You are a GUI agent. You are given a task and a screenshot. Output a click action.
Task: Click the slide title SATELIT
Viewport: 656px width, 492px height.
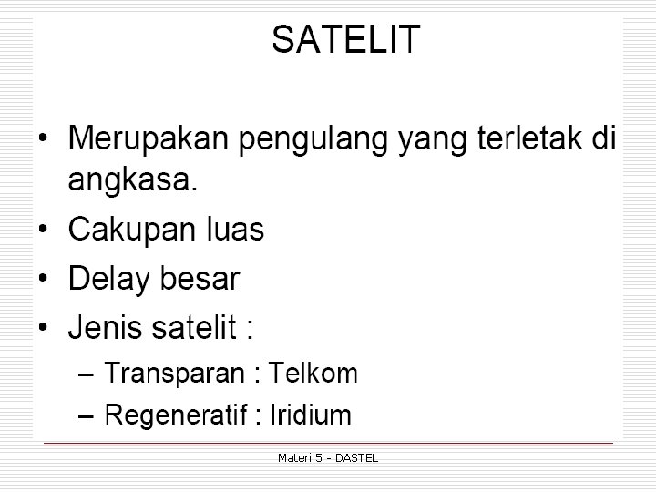click(345, 40)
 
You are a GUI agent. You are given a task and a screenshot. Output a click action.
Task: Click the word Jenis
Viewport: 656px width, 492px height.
click(105, 326)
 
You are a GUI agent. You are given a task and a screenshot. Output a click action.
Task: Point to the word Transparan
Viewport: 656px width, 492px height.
click(174, 373)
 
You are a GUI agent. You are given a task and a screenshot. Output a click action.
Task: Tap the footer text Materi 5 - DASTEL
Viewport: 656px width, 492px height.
click(327, 457)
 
